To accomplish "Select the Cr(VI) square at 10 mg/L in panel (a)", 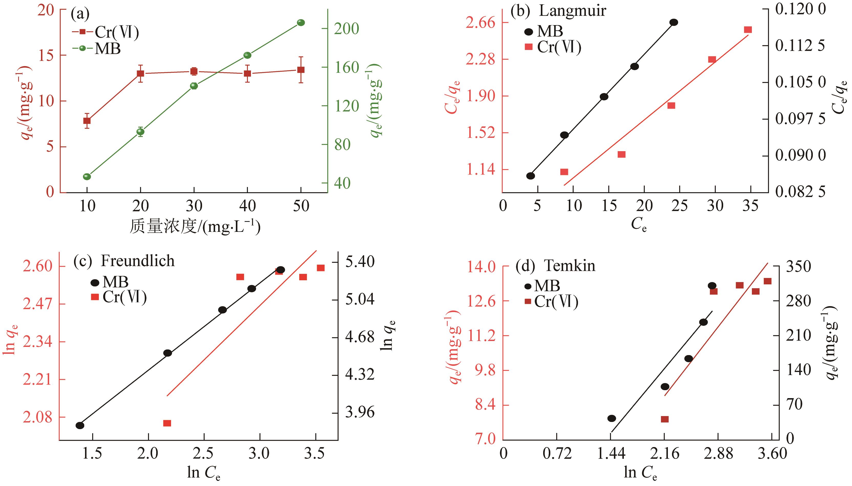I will coord(87,121).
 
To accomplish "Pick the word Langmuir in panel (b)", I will coord(572,11).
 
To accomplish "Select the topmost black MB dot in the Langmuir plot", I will coord(674,22).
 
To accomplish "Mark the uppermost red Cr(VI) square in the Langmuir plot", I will coord(748,30).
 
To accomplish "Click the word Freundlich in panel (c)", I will coord(138,261).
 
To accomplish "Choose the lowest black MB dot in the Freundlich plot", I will coord(80,425).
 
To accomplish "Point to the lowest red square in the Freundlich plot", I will coord(167,423).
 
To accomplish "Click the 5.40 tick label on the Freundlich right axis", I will coord(360,262).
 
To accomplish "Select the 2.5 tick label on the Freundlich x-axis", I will coord(204,453).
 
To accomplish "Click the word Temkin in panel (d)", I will coord(570,266).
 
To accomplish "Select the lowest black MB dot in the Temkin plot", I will coord(612,418).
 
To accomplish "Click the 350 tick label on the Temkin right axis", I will coord(798,267).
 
